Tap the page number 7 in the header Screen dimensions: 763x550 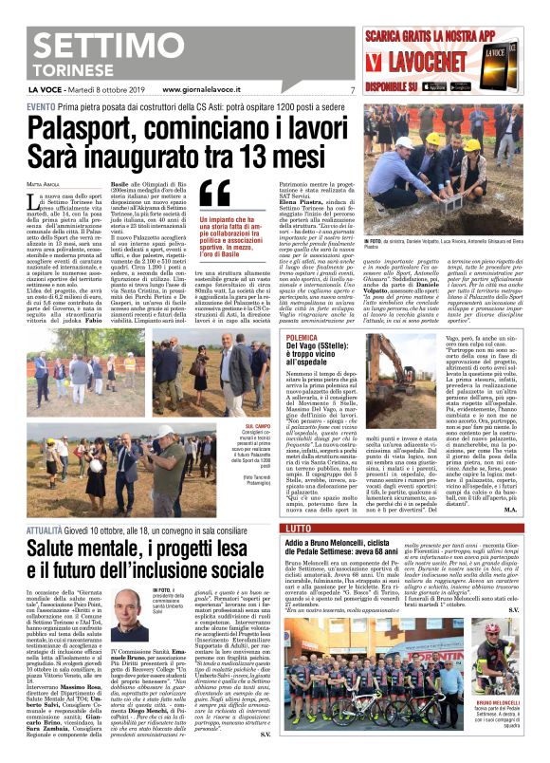pyautogui.click(x=351, y=90)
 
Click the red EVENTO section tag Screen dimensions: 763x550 pyautogui.click(x=42, y=107)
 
